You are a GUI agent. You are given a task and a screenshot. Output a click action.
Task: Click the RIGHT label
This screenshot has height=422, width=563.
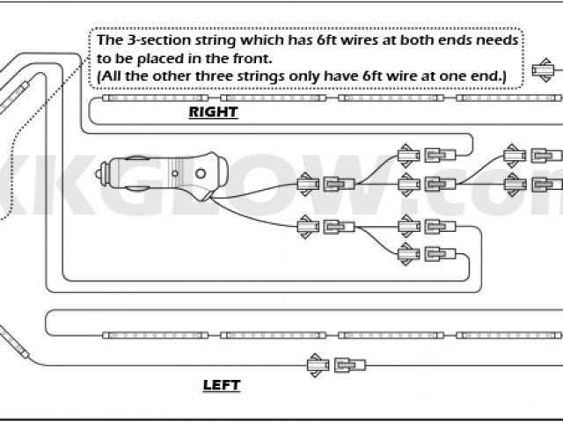pyautogui.click(x=213, y=112)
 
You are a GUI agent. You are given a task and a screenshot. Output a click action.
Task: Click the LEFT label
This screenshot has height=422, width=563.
pyautogui.click(x=221, y=385)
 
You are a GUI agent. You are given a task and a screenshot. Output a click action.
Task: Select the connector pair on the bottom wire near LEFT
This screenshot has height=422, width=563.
pyautogui.click(x=335, y=364)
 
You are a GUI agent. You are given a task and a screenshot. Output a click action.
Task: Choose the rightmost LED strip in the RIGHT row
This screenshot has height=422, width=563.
pyautogui.click(x=508, y=98)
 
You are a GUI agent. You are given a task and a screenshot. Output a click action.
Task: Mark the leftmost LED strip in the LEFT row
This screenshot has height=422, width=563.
pyautogui.click(x=156, y=335)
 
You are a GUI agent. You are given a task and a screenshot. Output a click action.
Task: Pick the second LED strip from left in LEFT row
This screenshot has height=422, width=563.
pyautogui.click(x=273, y=335)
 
